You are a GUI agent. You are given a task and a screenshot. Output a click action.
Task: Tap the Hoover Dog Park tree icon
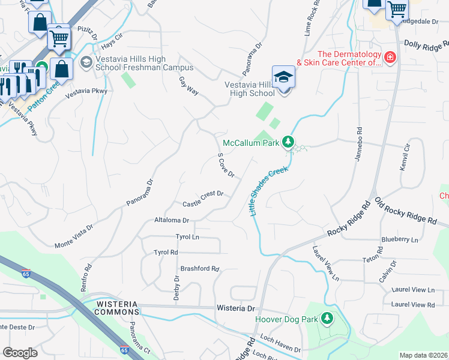click(x=327, y=319)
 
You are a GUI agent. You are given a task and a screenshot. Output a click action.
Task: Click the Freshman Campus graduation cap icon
click(x=86, y=62)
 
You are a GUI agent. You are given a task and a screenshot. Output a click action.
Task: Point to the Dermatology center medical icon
click(x=390, y=58)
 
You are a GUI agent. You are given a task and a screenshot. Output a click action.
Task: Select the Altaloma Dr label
click(x=172, y=220)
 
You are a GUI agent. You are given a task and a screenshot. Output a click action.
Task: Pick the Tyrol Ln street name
click(x=187, y=237)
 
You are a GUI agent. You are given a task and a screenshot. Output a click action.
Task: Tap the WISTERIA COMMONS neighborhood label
click(x=118, y=308)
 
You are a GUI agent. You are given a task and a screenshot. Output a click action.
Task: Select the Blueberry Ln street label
click(x=399, y=239)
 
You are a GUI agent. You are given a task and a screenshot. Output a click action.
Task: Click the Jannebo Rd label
click(x=360, y=139)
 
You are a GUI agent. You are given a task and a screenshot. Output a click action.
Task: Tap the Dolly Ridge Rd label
click(x=426, y=44)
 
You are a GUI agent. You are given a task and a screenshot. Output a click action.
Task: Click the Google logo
click(x=20, y=353)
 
